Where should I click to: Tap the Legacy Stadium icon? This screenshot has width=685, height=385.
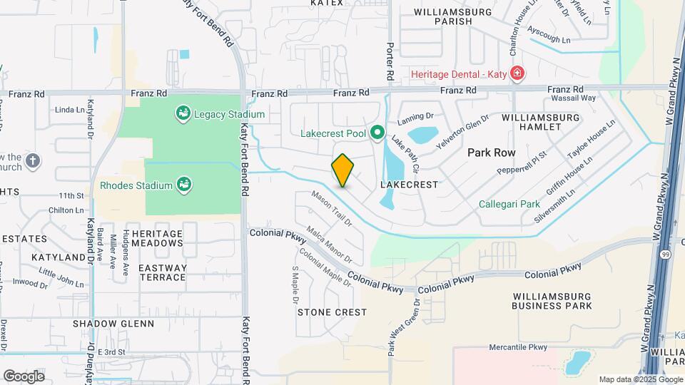click(x=183, y=113)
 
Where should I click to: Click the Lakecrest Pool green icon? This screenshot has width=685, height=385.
click(x=377, y=133)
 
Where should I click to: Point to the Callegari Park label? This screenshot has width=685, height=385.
click(x=509, y=204)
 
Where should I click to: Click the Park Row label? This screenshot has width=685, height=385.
click(x=492, y=153)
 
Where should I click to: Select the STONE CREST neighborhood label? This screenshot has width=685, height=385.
click(x=332, y=312)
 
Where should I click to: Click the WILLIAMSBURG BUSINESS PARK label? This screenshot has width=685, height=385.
click(x=552, y=300)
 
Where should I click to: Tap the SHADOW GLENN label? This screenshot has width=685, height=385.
click(x=113, y=324)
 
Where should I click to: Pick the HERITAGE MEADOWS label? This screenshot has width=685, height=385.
click(x=158, y=238)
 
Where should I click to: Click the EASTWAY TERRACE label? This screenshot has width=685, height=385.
click(x=163, y=272)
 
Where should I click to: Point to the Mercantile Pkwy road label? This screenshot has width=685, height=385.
click(x=518, y=347)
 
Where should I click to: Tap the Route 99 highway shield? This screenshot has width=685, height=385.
click(x=664, y=255)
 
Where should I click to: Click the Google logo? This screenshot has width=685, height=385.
click(x=24, y=376)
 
